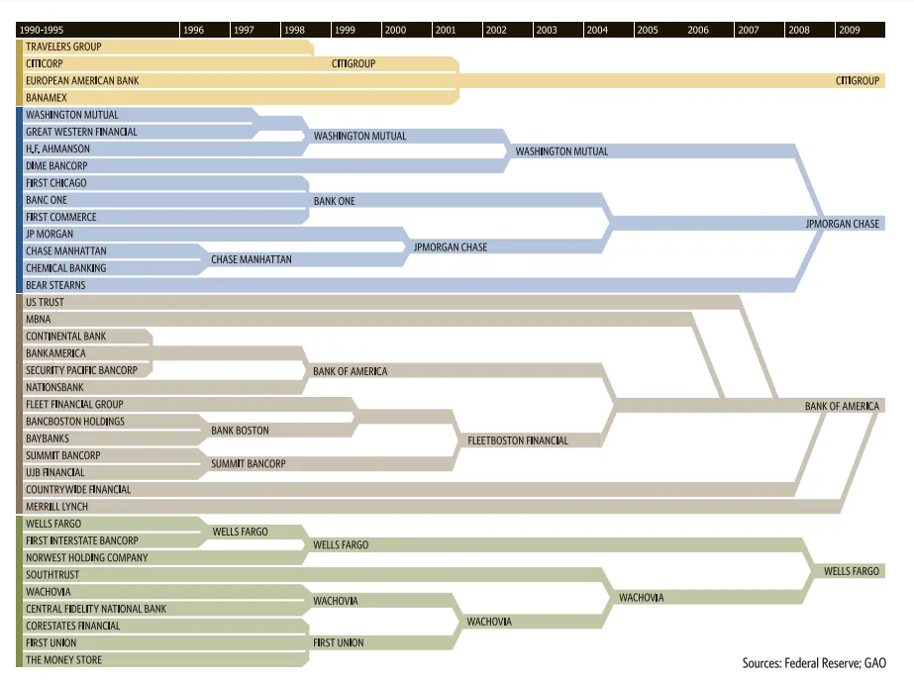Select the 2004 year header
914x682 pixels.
(597, 31)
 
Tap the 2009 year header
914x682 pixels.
(850, 31)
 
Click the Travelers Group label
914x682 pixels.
(63, 47)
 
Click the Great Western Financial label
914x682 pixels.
(81, 132)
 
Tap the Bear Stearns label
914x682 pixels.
(55, 285)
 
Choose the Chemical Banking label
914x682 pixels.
(65, 268)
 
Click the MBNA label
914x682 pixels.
(39, 320)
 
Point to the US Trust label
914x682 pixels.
(45, 302)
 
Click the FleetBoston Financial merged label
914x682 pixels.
(517, 440)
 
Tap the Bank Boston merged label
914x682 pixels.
(240, 431)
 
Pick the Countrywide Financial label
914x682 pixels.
(78, 490)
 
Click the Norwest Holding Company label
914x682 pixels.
(87, 557)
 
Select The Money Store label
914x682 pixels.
(63, 660)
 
